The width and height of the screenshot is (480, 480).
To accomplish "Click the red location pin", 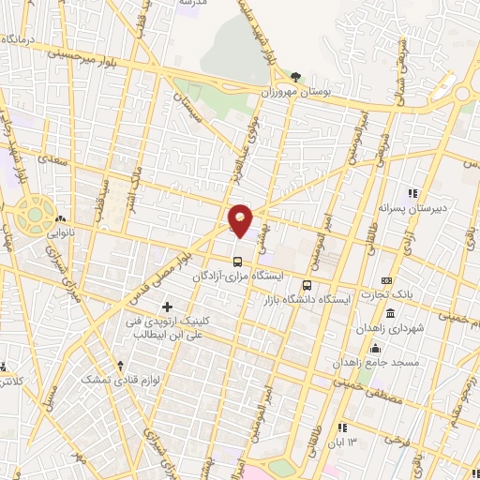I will click(x=240, y=219).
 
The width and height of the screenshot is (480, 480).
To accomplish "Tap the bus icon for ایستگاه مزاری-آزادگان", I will click(x=238, y=260).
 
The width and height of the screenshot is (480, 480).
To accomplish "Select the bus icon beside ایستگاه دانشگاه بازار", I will click(x=306, y=285).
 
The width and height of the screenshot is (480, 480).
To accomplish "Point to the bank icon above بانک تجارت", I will click(x=387, y=280).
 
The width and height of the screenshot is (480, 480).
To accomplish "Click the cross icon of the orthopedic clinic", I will click(x=168, y=307).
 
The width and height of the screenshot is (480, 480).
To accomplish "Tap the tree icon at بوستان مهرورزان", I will click(x=296, y=78).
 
